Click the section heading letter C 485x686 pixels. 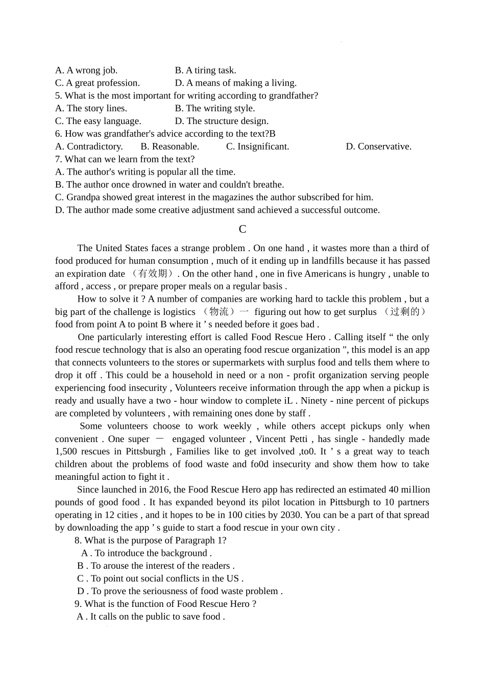[x=243, y=229]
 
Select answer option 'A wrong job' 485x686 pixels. [x=86, y=70]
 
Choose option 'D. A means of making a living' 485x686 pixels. [x=235, y=83]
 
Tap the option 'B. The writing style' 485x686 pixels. [x=215, y=108]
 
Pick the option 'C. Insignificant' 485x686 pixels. [x=257, y=146]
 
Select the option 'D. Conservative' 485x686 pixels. [x=378, y=146]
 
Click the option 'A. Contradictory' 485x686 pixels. [x=89, y=146]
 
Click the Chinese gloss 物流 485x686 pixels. [x=219, y=312]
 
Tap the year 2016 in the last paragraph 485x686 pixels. [x=161, y=489]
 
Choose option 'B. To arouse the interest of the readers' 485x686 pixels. [x=156, y=566]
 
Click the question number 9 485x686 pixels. [x=78, y=604]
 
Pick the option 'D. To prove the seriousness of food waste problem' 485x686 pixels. [x=180, y=591]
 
